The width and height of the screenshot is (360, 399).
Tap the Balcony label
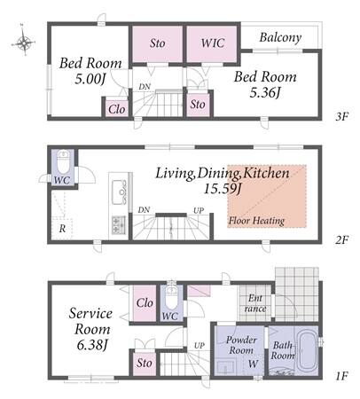(x=280, y=37)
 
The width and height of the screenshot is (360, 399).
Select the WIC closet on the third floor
(x=212, y=44)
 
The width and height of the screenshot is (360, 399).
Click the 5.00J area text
(x=90, y=79)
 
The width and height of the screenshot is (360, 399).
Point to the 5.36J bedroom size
(x=265, y=92)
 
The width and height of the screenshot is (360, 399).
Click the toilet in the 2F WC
(x=63, y=161)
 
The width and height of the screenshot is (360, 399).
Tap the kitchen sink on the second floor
(x=119, y=192)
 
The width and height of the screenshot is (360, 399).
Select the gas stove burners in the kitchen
(x=119, y=225)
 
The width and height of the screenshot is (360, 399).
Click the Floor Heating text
(x=256, y=221)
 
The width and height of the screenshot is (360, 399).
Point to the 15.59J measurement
(x=223, y=188)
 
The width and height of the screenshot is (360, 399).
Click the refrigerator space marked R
(x=62, y=229)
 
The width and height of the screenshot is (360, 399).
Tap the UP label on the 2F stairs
(x=199, y=210)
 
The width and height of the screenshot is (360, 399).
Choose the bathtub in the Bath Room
(x=309, y=350)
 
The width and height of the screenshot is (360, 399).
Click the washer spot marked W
(x=253, y=364)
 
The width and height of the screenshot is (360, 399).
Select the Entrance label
(x=255, y=303)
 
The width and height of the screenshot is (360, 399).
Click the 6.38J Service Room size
(x=91, y=345)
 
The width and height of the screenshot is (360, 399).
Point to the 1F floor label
(x=341, y=376)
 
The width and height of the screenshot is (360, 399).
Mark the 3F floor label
(x=342, y=117)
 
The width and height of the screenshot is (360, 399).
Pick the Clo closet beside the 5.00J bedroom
(x=117, y=108)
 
